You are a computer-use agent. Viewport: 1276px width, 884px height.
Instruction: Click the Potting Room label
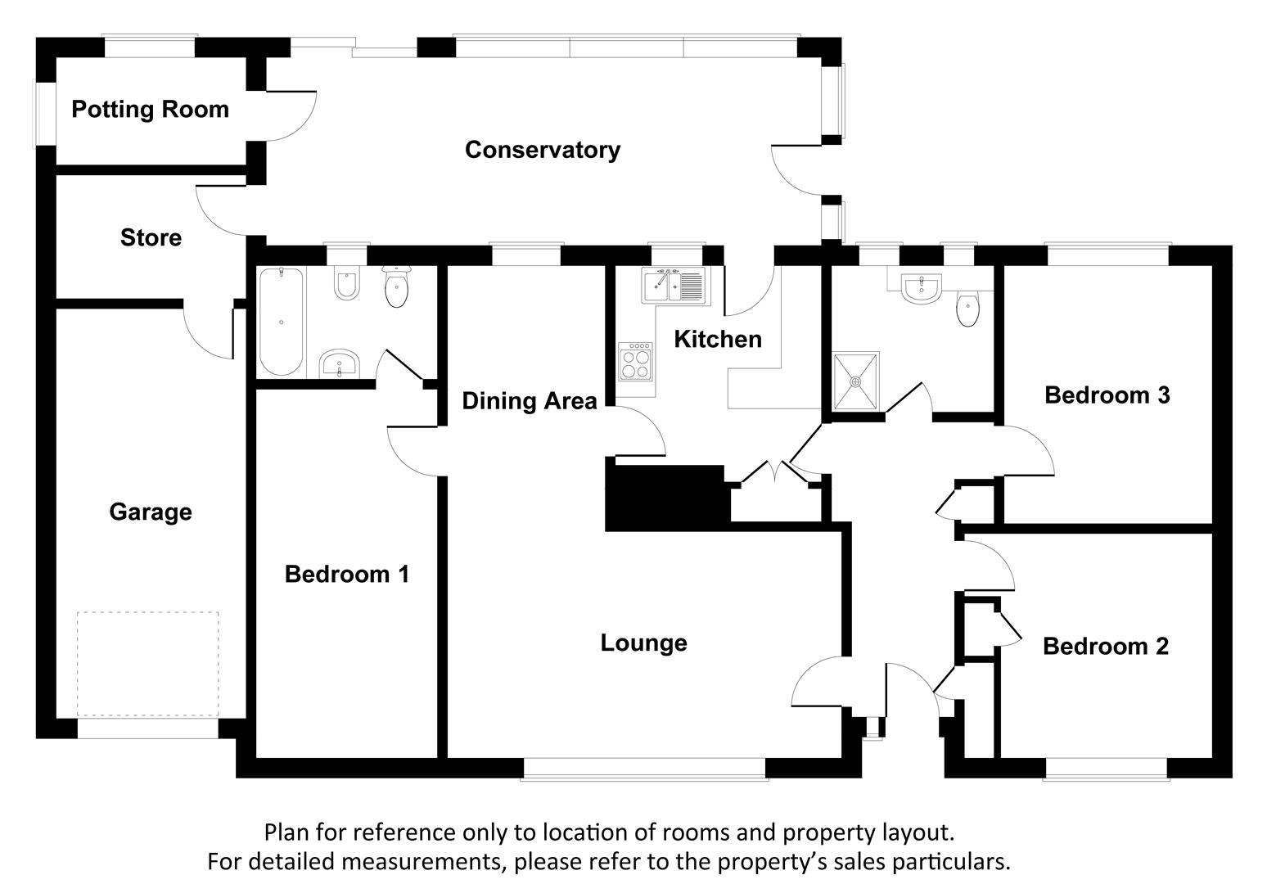pyautogui.click(x=151, y=109)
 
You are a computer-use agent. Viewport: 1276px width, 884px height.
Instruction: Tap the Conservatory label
pyautogui.click(x=543, y=150)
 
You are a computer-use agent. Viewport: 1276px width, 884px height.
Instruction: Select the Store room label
pyautogui.click(x=151, y=237)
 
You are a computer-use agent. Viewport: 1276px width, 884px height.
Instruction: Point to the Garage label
pyautogui.click(x=151, y=512)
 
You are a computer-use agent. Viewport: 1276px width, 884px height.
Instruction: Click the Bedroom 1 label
pyautogui.click(x=347, y=574)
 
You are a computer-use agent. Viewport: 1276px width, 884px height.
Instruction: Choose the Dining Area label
pyautogui.click(x=530, y=401)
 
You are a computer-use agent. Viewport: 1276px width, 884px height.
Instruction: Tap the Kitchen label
pyautogui.click(x=718, y=340)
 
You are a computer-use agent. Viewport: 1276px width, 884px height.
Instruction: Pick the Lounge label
pyautogui.click(x=643, y=643)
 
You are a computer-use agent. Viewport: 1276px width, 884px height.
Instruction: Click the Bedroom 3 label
pyautogui.click(x=1107, y=395)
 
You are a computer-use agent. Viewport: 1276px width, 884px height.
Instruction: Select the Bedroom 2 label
pyautogui.click(x=1106, y=647)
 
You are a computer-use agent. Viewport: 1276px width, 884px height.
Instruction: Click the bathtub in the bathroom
pyautogui.click(x=282, y=322)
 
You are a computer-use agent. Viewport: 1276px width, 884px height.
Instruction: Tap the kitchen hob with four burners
pyautogui.click(x=636, y=361)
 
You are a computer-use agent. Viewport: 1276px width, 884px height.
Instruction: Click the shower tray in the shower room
pyautogui.click(x=855, y=381)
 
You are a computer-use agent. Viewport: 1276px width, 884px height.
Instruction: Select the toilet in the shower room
pyautogui.click(x=967, y=308)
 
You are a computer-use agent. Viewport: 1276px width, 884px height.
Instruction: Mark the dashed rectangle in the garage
pyautogui.click(x=147, y=664)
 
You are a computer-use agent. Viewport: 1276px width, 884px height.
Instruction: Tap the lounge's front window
pyautogui.click(x=644, y=769)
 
